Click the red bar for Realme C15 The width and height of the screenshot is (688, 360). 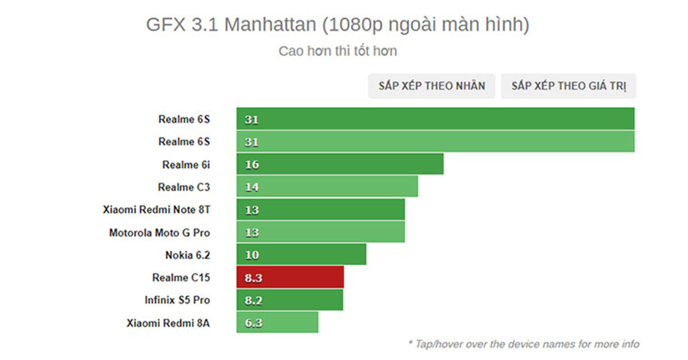290,277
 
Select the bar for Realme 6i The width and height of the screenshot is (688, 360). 340,165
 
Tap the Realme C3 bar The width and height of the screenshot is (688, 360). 327,187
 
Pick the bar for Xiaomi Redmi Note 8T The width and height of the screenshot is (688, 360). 320,210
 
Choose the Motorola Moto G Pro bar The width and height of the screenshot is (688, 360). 320,232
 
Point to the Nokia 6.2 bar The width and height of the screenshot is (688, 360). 301,255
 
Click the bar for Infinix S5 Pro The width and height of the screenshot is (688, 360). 290,300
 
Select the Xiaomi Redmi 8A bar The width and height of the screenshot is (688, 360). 277,323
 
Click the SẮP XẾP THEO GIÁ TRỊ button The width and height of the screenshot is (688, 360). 569,86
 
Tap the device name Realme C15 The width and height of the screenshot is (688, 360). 181,277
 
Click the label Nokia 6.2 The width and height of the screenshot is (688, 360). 187,255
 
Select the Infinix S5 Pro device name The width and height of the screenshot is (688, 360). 177,300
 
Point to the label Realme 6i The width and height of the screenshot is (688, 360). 186,165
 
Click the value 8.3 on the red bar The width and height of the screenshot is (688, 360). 252,277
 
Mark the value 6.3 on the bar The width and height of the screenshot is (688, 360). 252,323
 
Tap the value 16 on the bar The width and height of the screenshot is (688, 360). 252,165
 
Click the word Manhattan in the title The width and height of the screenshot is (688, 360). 270,25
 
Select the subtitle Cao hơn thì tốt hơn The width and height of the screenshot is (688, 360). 338,51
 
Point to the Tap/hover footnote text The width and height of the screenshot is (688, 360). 523,344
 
